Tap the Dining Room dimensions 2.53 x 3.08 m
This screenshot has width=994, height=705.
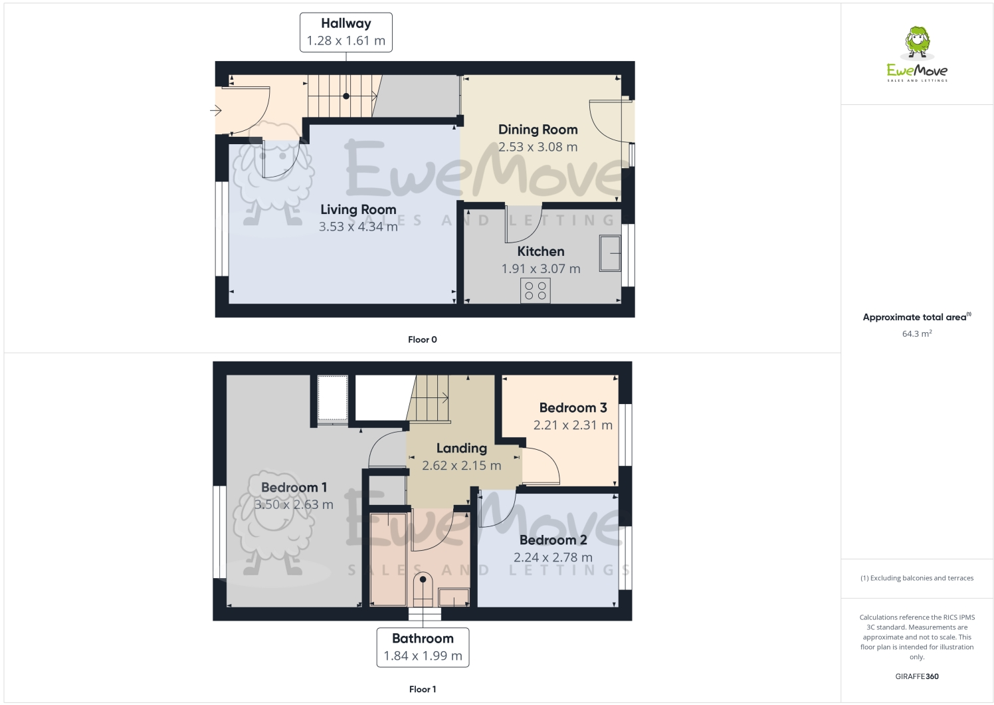[x=538, y=147]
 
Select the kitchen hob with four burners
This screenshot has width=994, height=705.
[x=536, y=290]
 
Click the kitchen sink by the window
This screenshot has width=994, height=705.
[x=610, y=252]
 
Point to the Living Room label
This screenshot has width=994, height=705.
[x=358, y=209]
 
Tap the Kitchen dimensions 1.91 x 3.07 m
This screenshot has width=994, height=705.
[x=540, y=268]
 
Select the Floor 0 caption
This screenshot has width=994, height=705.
[x=422, y=340]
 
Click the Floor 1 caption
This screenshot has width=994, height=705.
[x=422, y=689]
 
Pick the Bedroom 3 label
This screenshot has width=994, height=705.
[x=573, y=407]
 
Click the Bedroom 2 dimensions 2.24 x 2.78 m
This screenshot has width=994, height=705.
[x=553, y=557]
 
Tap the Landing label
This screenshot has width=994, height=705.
[x=461, y=448]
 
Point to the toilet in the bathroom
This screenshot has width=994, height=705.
[x=423, y=589]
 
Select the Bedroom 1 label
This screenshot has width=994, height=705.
[x=294, y=487]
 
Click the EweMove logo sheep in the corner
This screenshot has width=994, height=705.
[x=918, y=41]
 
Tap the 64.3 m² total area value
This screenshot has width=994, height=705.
[x=916, y=334]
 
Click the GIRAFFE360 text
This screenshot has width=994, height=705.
[x=916, y=676]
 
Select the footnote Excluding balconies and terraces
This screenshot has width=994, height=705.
[x=917, y=578]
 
